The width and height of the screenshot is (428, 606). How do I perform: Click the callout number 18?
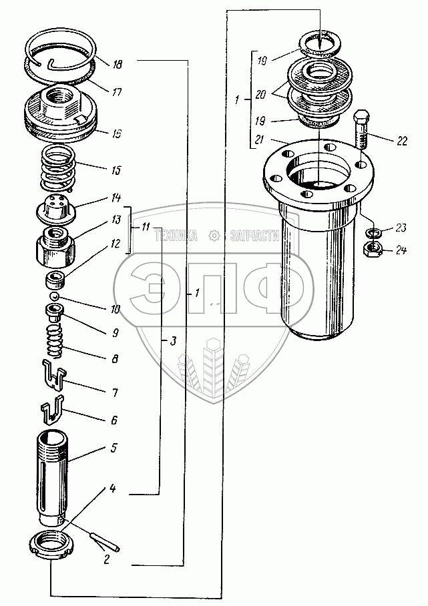(x=118, y=64)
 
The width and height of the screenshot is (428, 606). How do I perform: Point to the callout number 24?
(x=400, y=252)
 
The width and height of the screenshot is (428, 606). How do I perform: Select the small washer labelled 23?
(x=374, y=233)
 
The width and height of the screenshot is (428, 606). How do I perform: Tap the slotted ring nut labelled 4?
(x=52, y=542)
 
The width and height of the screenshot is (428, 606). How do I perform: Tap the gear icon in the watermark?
(x=214, y=236)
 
